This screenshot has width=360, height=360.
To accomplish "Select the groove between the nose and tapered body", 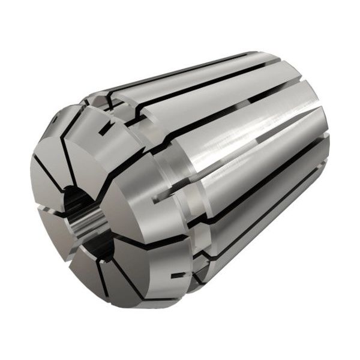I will (180, 198).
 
